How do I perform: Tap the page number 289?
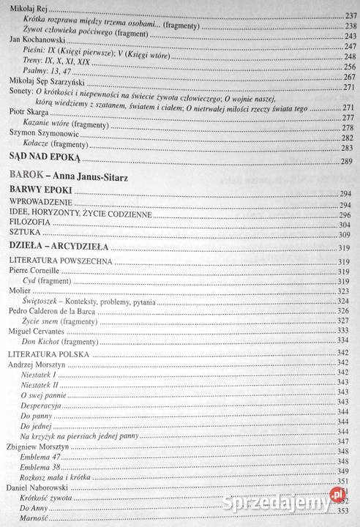pos(346,161)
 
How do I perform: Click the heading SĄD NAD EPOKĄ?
pos(43,158)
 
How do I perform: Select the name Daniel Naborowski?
pos(40,486)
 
